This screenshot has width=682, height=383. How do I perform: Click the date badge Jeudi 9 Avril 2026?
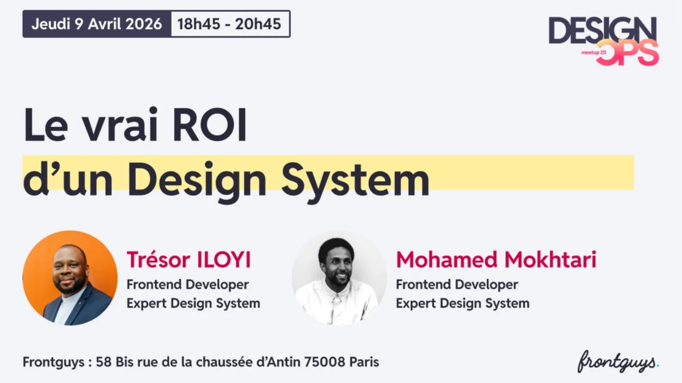coord(97,24)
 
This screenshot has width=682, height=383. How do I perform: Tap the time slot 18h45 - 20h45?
coord(230,24)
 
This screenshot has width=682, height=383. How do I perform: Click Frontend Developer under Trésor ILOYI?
coord(188,284)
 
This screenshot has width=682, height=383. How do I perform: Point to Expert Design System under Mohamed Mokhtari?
coord(462,303)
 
